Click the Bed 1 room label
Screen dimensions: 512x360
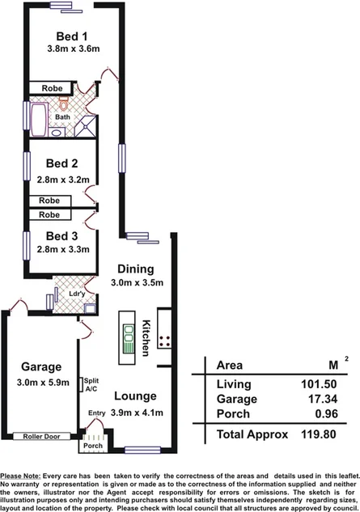(x=73, y=36)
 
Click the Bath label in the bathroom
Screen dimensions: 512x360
(x=62, y=118)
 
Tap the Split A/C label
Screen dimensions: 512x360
(x=91, y=383)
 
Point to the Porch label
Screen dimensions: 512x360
(x=92, y=445)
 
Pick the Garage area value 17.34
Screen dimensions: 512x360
(x=309, y=399)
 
